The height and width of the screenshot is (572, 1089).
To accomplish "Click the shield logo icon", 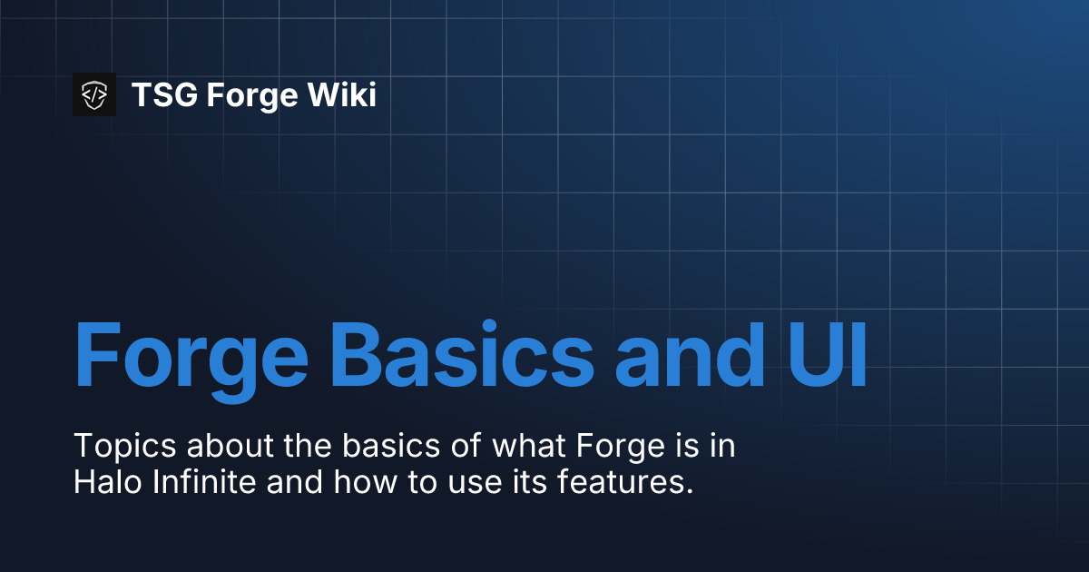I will point(94,94).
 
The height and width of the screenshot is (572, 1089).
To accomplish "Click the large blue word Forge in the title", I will point(191,354).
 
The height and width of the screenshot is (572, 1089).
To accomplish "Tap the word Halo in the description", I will point(103,482).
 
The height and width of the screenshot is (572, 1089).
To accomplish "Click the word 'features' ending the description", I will point(620,482).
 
